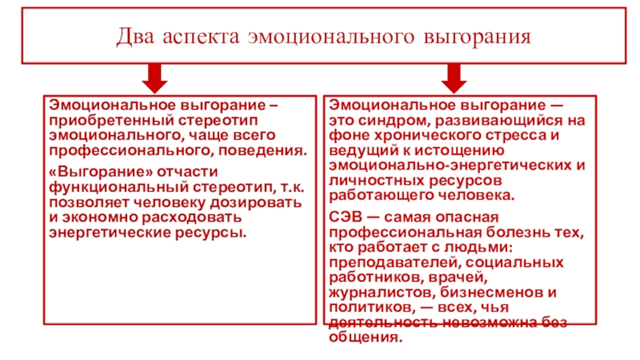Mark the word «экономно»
pyautogui.click(x=102, y=218)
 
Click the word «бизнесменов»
pyautogui.click(x=481, y=292)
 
